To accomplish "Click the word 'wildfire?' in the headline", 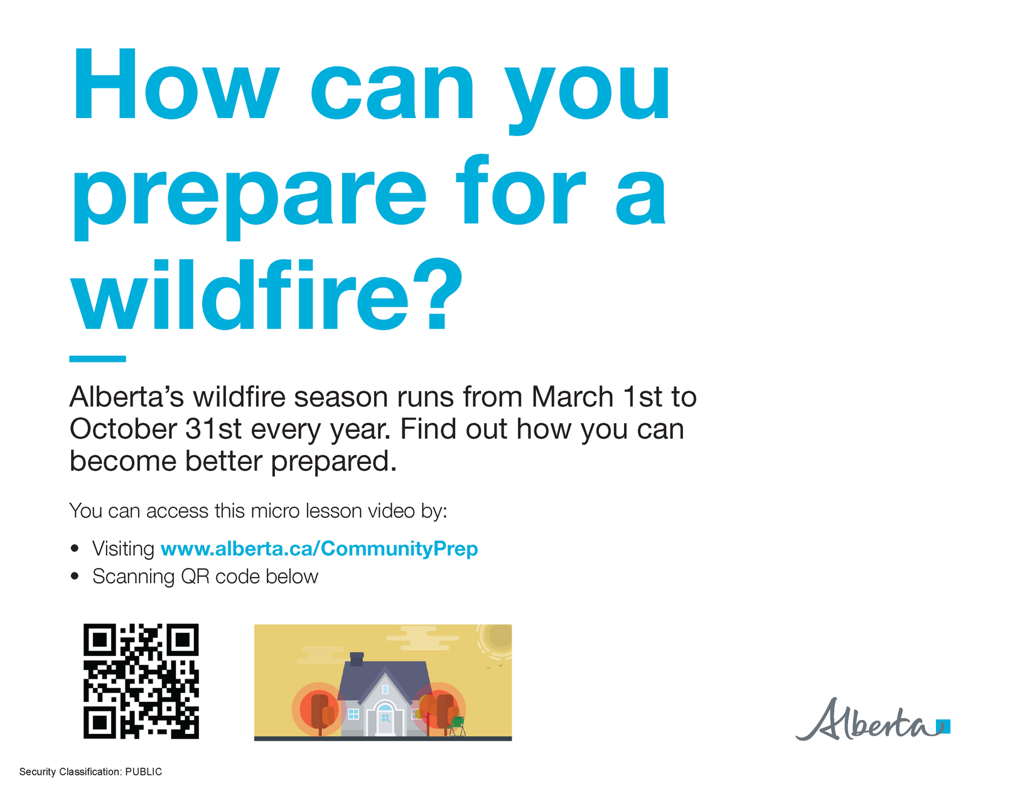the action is [x=266, y=295].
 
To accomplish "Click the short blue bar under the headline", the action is [x=97, y=359].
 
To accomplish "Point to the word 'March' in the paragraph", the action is [x=572, y=397].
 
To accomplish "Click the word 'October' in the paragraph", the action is [x=124, y=429].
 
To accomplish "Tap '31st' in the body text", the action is [x=213, y=429].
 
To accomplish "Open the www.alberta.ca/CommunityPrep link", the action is [x=319, y=548].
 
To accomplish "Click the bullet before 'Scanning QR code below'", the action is [x=75, y=576].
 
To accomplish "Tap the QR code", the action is [x=141, y=681].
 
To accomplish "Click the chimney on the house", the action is [x=357, y=659].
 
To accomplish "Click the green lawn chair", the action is [x=457, y=726].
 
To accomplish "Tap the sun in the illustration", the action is [x=499, y=637].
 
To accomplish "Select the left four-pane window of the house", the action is [x=353, y=714].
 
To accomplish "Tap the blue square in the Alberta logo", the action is [x=945, y=726].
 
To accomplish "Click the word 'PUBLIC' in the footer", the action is [x=143, y=772].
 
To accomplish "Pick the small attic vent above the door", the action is [x=385, y=689].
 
